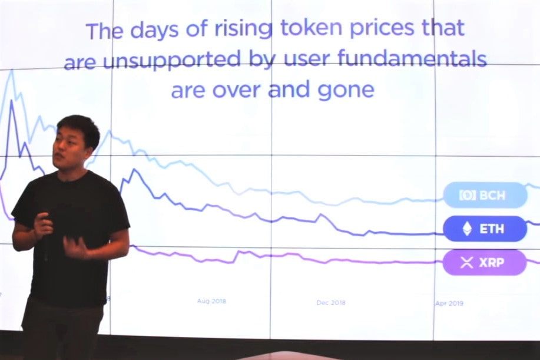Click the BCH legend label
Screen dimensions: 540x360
coord(485,196)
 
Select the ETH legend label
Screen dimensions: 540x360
coord(485,229)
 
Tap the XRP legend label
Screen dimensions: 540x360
coord(485,263)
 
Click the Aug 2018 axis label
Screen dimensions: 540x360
coord(211,301)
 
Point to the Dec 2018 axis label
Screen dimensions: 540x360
coord(331,302)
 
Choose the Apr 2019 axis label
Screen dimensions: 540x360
coord(449,303)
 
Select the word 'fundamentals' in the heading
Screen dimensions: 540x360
coord(412,58)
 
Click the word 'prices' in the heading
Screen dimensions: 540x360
coord(382,28)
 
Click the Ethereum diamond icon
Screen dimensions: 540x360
coord(467,229)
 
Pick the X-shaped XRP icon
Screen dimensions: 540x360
coord(467,263)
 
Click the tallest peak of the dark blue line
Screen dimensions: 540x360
coord(12,101)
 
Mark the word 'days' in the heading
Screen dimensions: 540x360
coord(154,29)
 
